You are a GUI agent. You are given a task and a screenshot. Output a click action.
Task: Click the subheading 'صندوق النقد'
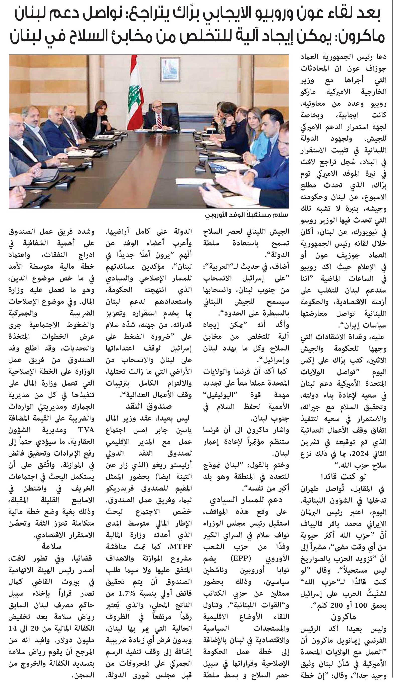pos(149,406)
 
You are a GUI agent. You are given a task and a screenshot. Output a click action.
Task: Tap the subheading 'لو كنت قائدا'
pos(343,476)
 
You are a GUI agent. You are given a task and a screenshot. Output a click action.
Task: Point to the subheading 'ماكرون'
pos(343,617)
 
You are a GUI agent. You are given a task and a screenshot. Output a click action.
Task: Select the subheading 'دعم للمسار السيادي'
pos(246,500)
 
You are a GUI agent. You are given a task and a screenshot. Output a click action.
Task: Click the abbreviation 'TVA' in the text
pos(86,430)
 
